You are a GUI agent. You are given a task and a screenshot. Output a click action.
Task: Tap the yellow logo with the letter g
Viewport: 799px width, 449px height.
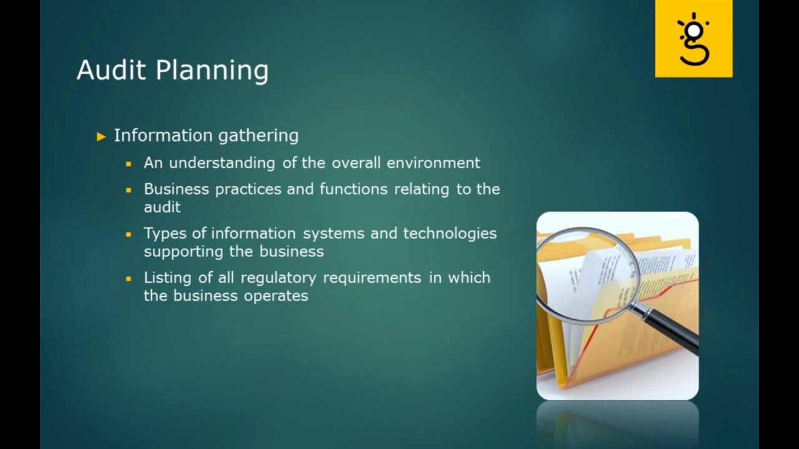[694, 39]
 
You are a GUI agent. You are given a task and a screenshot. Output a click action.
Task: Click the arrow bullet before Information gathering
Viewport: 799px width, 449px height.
[102, 136]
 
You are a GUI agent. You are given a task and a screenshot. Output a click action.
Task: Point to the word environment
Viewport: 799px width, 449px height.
[433, 163]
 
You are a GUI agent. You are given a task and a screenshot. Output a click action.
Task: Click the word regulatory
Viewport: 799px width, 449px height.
[279, 278]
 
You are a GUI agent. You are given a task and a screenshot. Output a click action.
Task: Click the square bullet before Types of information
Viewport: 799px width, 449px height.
[129, 234]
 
